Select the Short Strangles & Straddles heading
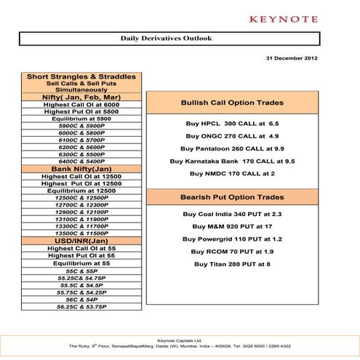click(81, 76)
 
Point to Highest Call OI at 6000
click(81, 105)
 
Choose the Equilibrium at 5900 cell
click(81, 119)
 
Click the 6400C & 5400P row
click(81, 161)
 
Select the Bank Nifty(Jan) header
click(81, 169)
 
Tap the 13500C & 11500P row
click(81, 233)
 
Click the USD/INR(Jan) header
click(81, 241)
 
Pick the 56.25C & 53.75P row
click(81, 307)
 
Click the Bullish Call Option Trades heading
click(232, 103)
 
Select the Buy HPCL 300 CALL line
click(232, 124)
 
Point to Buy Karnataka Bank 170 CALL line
click(232, 161)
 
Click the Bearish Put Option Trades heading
click(232, 197)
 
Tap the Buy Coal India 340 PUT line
click(232, 214)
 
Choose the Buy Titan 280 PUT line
click(232, 264)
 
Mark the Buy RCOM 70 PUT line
click(232, 251)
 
